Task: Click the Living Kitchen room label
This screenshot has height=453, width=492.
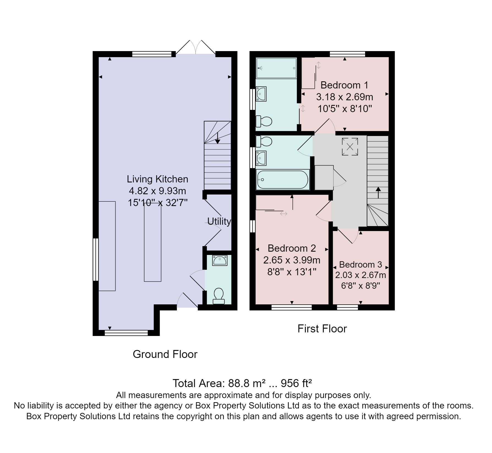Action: (157, 179)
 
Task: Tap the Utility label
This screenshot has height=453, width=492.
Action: (219, 221)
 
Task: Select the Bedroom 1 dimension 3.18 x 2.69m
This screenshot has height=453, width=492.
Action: (345, 97)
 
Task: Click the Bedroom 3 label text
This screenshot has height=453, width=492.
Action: (360, 265)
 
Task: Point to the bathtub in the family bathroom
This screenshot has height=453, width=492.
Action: (283, 180)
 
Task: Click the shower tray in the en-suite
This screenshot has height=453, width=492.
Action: (276, 68)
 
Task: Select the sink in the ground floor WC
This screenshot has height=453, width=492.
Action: (220, 260)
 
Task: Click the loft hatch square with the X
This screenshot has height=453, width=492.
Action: (350, 147)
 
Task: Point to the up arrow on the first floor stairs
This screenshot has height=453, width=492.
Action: (378, 193)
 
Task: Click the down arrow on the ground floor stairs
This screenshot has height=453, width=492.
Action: (218, 138)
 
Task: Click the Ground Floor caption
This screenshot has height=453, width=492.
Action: (165, 354)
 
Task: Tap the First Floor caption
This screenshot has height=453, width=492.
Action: (322, 329)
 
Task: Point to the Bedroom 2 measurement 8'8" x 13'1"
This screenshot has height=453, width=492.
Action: (292, 272)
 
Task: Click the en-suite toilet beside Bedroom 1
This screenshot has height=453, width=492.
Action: (264, 121)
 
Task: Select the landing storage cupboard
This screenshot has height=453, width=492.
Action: (324, 177)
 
